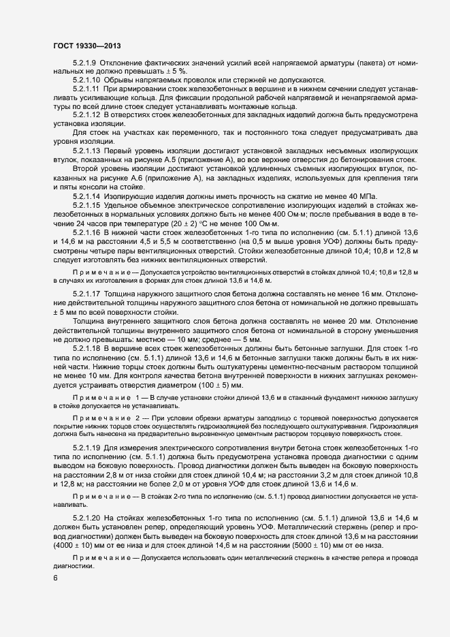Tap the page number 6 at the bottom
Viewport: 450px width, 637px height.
[x=54, y=579]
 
